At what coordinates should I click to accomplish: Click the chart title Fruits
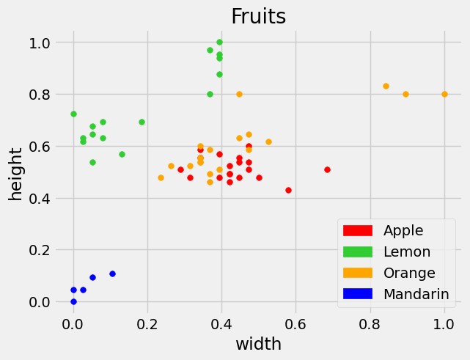tap(258, 16)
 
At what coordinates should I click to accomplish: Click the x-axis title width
tap(258, 343)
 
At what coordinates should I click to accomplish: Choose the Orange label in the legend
tap(409, 273)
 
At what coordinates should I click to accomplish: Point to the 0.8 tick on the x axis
tap(370, 322)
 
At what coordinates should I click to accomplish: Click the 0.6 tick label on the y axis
tap(34, 147)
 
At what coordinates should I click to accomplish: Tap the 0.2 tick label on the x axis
tap(147, 322)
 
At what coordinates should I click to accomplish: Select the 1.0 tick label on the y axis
tap(34, 43)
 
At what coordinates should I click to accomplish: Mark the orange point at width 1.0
tap(444, 94)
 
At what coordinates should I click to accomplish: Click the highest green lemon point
tap(219, 43)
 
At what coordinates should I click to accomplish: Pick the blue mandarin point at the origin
tap(73, 301)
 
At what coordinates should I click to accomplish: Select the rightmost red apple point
tap(327, 169)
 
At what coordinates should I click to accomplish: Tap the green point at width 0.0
tap(73, 114)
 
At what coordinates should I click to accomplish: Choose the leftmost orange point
tap(161, 177)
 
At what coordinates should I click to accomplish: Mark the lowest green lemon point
tap(92, 162)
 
